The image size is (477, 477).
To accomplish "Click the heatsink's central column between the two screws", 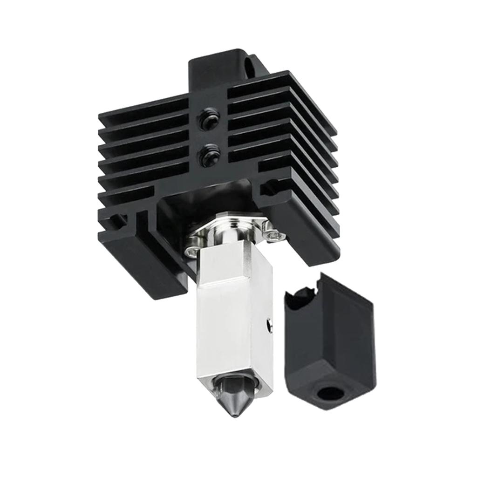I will pyautogui.click(x=207, y=138).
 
